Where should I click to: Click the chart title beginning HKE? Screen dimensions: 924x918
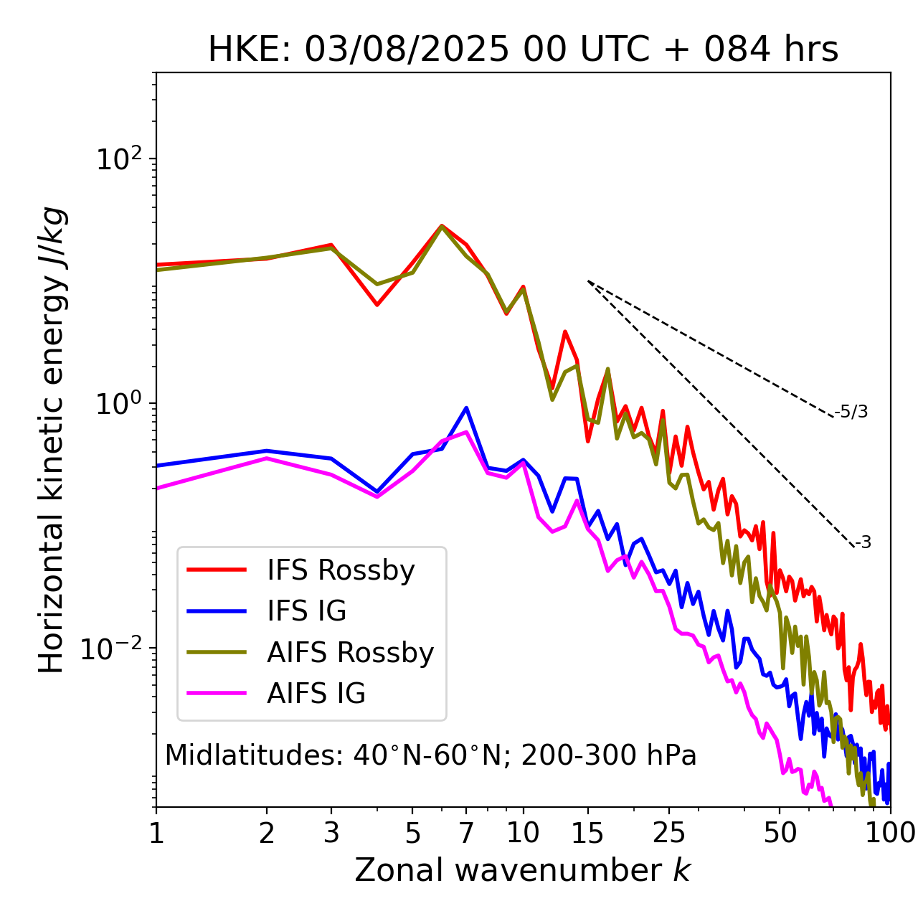tap(523, 50)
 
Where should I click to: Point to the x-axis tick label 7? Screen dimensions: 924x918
tap(466, 833)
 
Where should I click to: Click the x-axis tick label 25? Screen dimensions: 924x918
tap(669, 833)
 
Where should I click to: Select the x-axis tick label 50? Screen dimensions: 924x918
tap(780, 833)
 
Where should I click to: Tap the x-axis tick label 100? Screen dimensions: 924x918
tap(890, 833)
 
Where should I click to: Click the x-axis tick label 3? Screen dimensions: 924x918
tap(331, 833)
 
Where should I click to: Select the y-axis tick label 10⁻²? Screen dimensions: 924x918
tap(115, 649)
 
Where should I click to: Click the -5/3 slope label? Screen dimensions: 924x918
tap(851, 412)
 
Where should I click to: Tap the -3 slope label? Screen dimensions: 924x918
tap(863, 543)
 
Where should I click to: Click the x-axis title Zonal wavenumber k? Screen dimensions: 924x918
tap(523, 871)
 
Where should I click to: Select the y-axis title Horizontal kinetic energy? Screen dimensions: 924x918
tap(52, 440)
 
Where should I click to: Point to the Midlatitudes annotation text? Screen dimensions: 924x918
tap(430, 755)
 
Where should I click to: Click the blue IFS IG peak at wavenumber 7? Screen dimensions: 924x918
tap(466, 408)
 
